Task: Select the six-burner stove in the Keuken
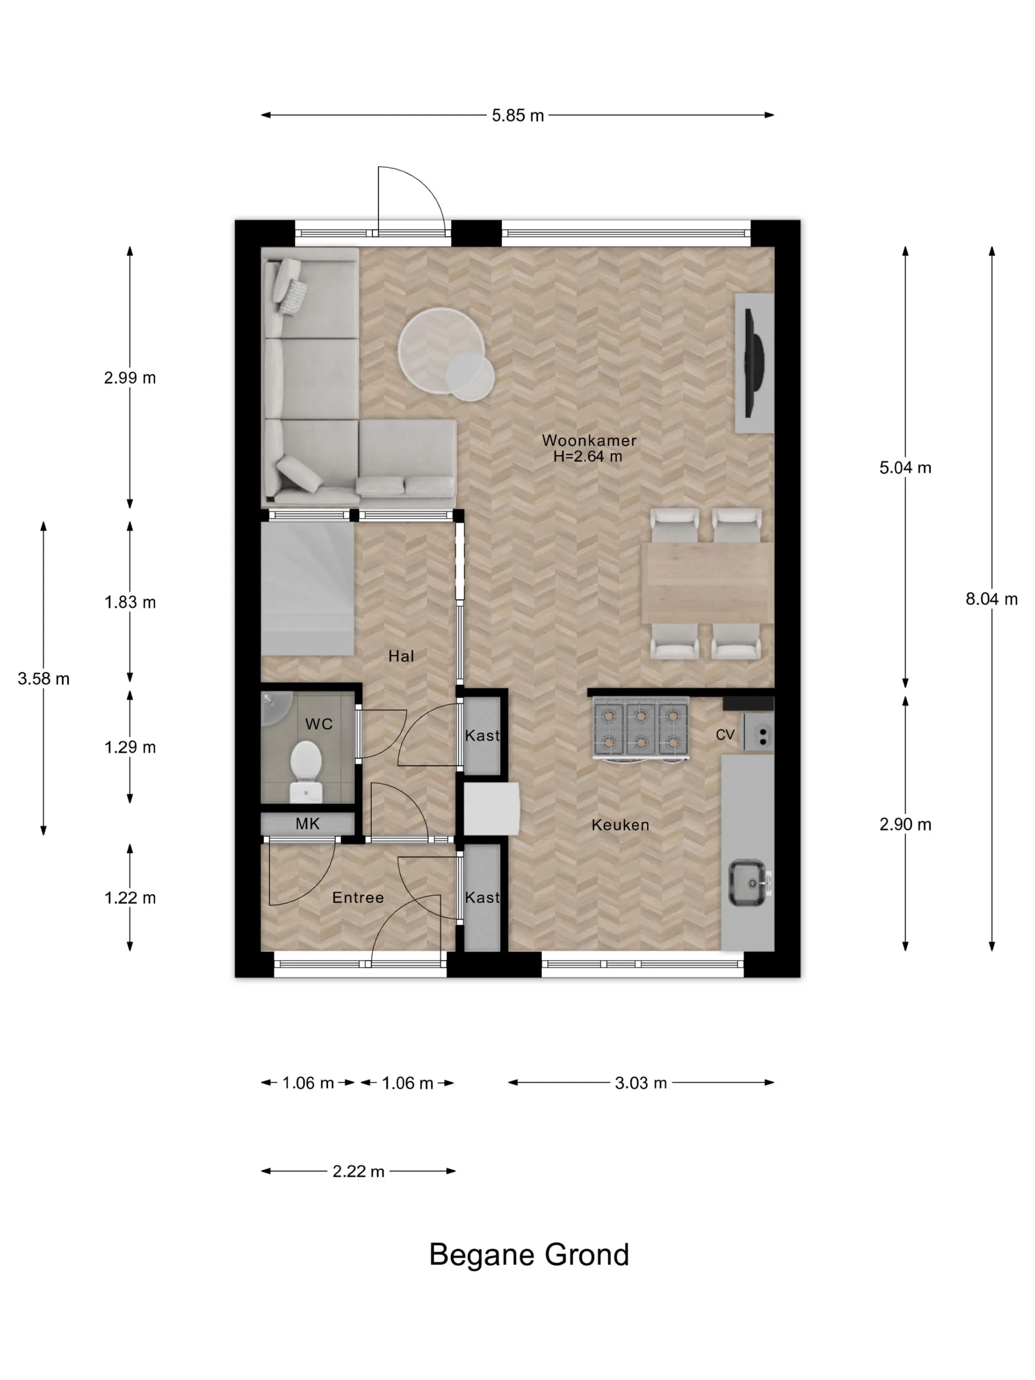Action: click(x=640, y=728)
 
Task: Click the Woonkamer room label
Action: click(x=589, y=440)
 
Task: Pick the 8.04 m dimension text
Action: click(x=991, y=599)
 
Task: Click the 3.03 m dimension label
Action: click(x=641, y=1082)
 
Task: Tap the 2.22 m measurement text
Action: click(x=358, y=1171)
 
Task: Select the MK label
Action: click(x=308, y=824)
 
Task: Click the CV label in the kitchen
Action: click(x=725, y=735)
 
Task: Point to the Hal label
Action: click(x=401, y=655)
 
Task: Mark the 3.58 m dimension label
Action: click(x=44, y=678)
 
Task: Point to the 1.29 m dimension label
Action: click(x=130, y=747)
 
